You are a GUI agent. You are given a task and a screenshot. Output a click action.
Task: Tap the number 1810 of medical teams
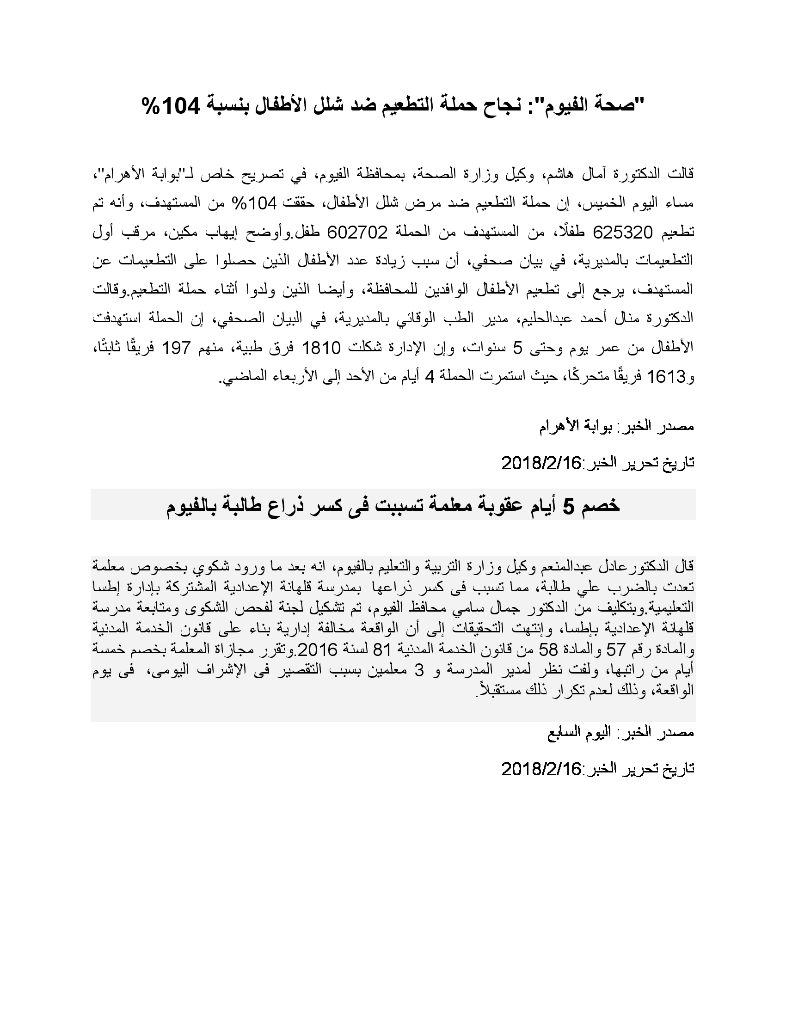(322, 347)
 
